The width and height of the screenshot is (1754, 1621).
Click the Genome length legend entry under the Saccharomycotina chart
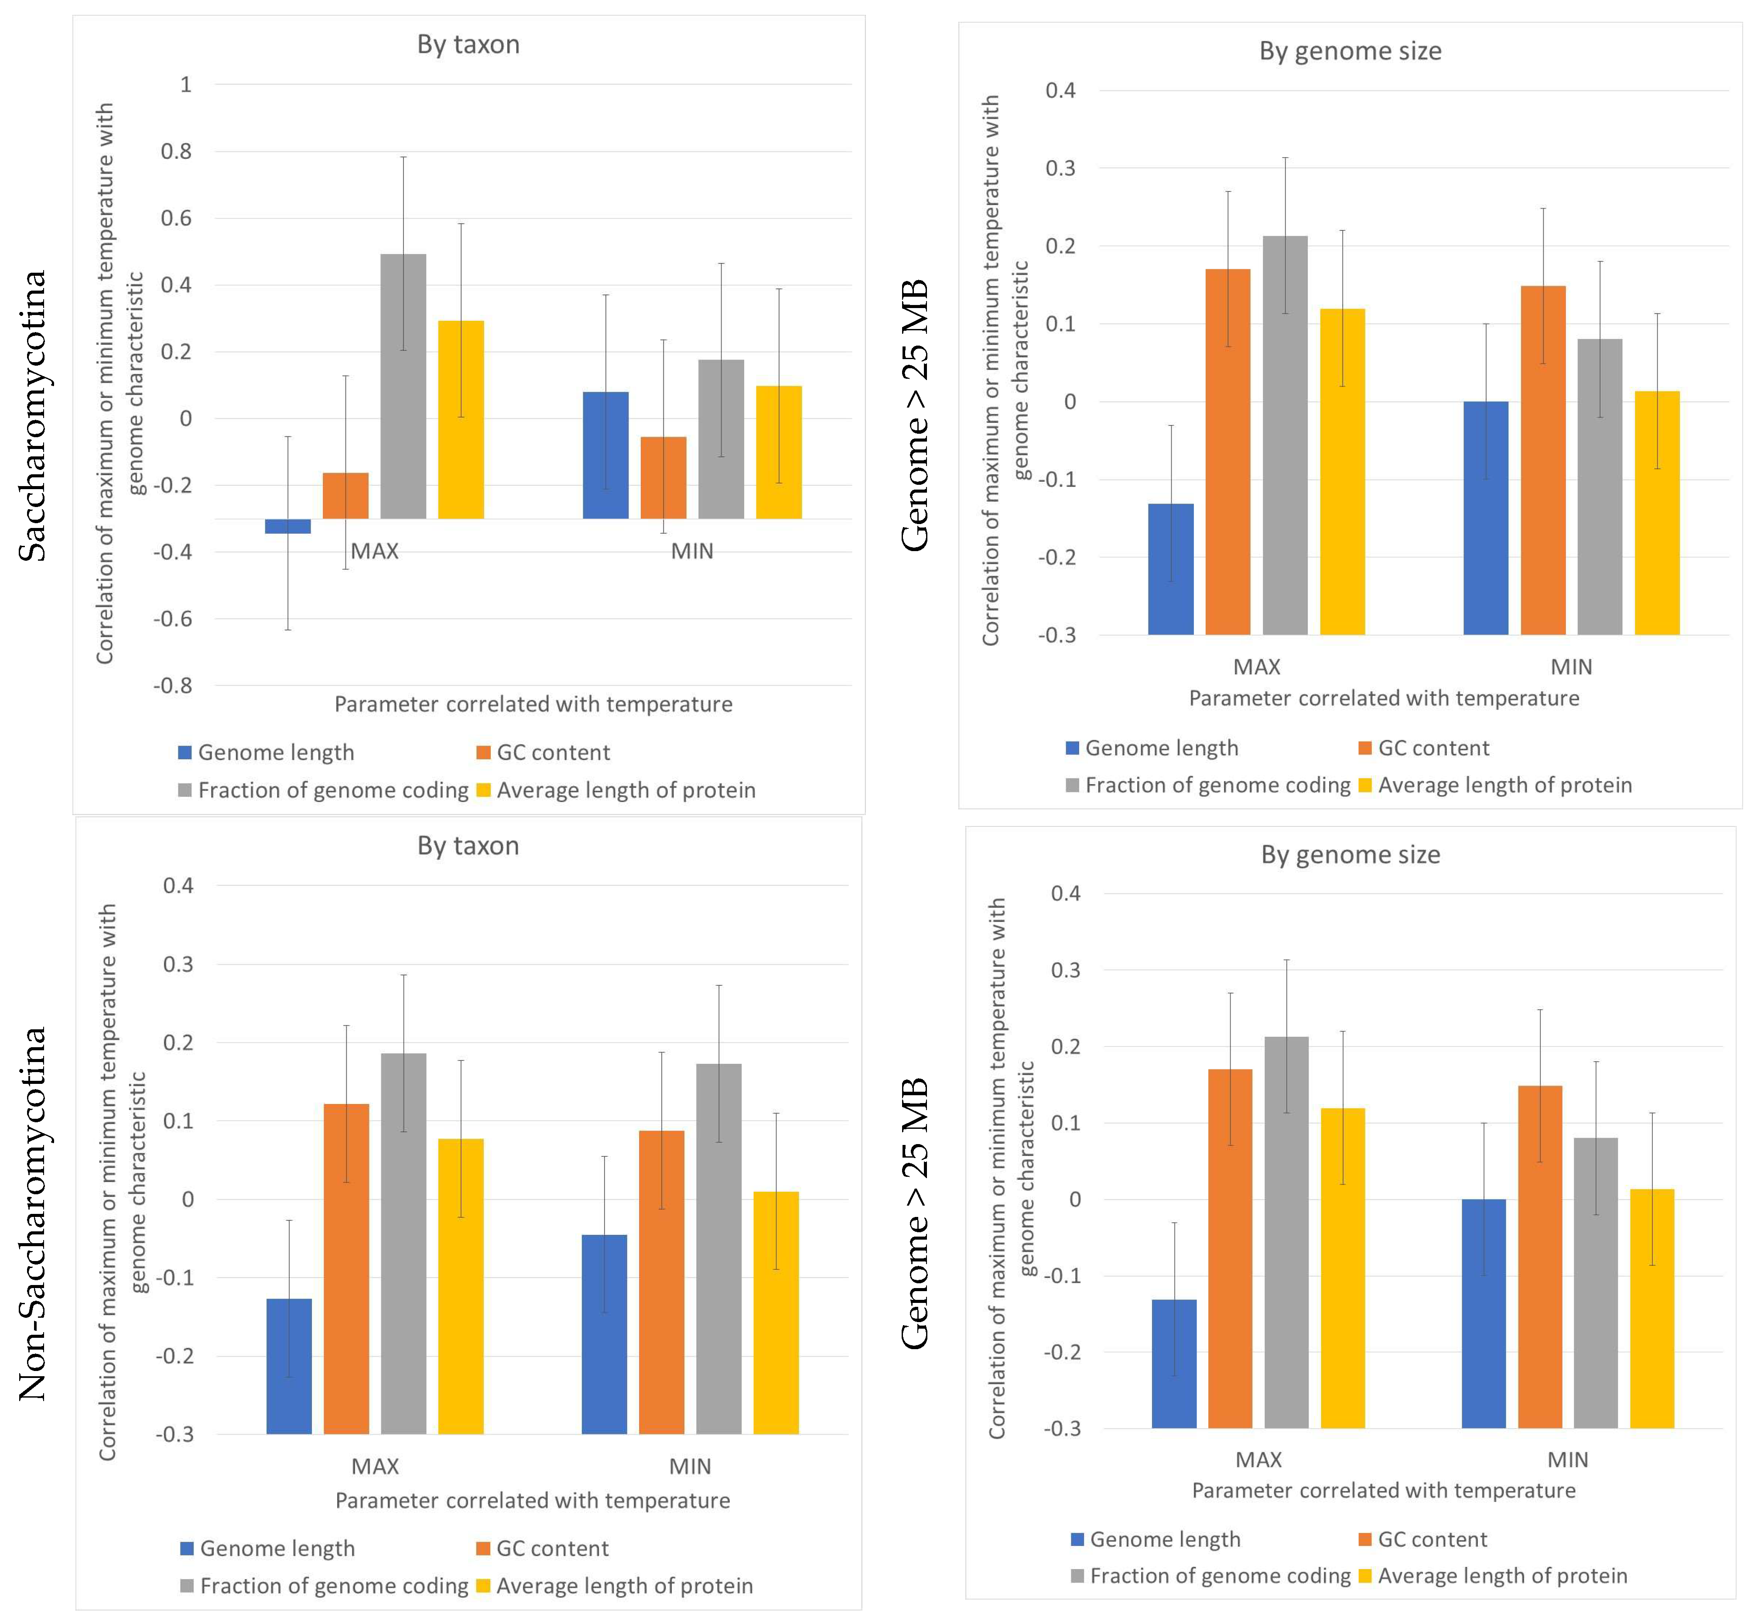(x=267, y=753)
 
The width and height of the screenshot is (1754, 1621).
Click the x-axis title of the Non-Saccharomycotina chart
(x=532, y=1501)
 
